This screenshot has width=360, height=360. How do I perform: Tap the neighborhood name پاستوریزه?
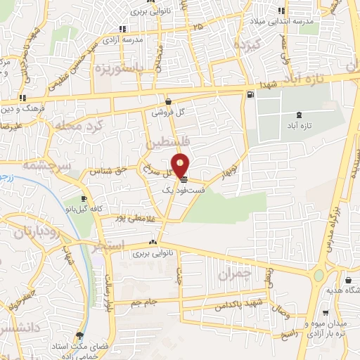pyautogui.click(x=120, y=68)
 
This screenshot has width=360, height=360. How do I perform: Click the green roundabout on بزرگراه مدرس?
pyautogui.click(x=321, y=275)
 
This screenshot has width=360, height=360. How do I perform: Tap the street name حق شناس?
pyautogui.click(x=110, y=169)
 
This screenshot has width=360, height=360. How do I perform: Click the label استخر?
pyautogui.click(x=109, y=245)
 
